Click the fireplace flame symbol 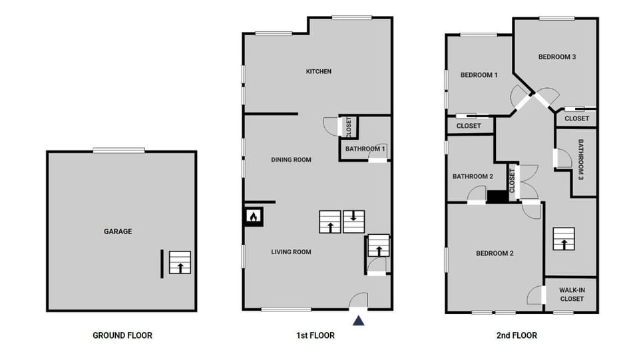pos(254,216)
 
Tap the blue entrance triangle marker pos(359,321)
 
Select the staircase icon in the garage pos(179,263)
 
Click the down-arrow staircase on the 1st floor pos(353,222)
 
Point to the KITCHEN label pos(318,71)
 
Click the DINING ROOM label pos(291,160)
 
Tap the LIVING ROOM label pos(291,252)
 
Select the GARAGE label pos(117,232)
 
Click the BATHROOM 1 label pos(365,148)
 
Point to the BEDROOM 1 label pos(479,75)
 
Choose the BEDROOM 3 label pos(556,57)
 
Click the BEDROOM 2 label pos(494,253)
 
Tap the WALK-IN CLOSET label pos(571,295)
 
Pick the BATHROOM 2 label pos(473,176)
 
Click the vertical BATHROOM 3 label pos(580,160)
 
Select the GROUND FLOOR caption pos(122,335)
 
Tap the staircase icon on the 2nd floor pos(563,239)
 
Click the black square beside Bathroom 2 pos(497,196)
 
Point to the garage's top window pos(118,150)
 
